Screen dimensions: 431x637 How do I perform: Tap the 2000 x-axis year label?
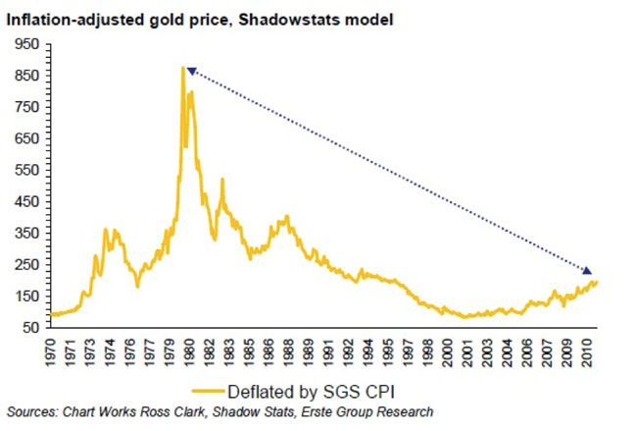click(x=450, y=350)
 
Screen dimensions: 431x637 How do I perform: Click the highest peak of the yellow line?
click(x=182, y=68)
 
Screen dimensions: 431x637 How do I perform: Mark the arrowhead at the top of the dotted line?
click(x=192, y=72)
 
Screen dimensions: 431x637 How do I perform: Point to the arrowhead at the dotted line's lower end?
click(x=587, y=270)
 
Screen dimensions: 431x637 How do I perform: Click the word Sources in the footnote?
click(x=30, y=410)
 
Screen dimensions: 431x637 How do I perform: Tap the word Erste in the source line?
click(x=309, y=410)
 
